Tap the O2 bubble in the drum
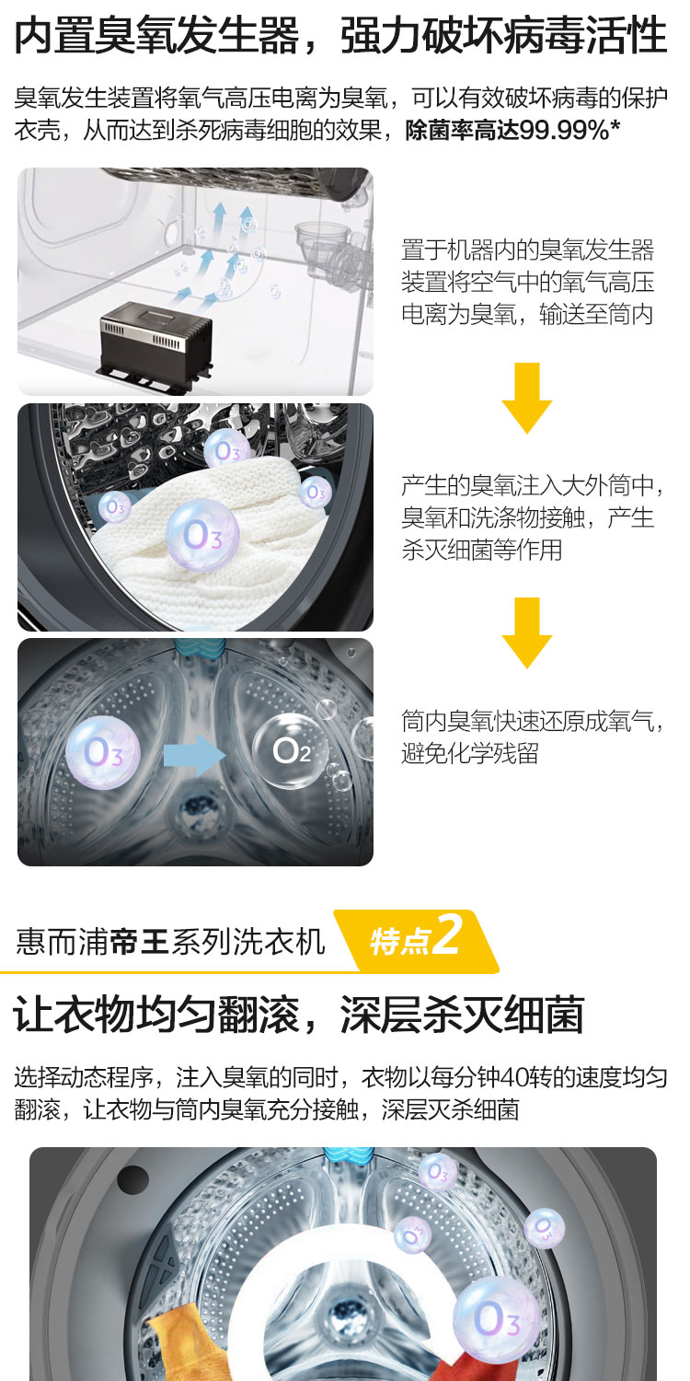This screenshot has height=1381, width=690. tap(290, 750)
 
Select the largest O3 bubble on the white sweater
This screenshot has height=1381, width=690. tap(201, 535)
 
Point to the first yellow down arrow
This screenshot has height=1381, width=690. tap(527, 398)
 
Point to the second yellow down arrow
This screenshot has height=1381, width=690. tap(527, 632)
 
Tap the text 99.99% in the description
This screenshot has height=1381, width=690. tap(564, 130)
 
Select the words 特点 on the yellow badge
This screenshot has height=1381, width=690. tap(399, 942)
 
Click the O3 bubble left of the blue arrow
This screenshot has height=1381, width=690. tap(103, 753)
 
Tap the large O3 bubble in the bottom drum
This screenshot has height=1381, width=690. tap(497, 1320)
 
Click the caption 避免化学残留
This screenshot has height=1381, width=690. tap(470, 753)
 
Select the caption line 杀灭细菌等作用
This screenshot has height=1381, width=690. tap(482, 550)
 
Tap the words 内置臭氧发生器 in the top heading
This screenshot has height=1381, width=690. tap(156, 35)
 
